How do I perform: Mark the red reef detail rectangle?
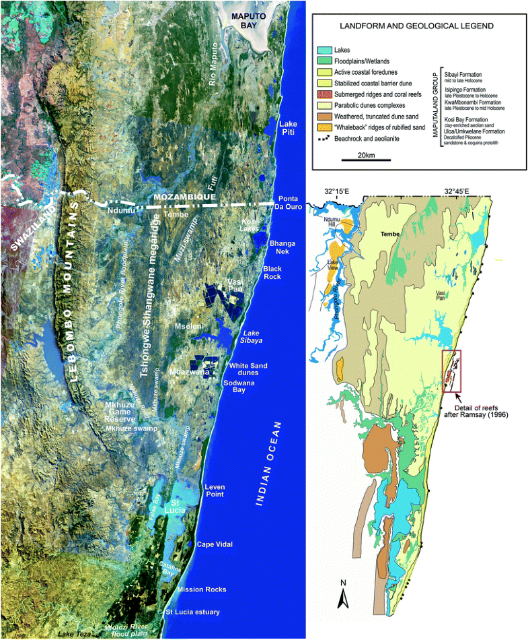coord(451,371)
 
